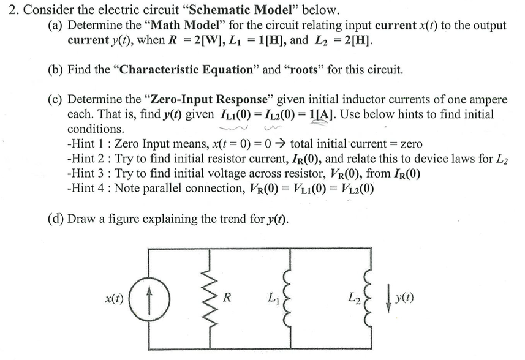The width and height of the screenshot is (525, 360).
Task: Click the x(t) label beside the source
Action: click(115, 300)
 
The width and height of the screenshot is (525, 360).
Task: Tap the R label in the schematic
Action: click(227, 299)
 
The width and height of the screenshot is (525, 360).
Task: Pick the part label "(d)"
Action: click(55, 219)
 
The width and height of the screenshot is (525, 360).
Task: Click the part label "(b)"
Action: click(55, 69)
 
